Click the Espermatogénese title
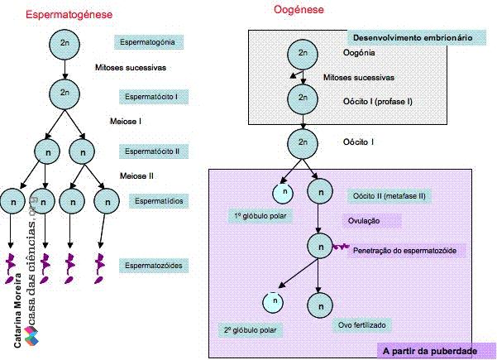(69, 15)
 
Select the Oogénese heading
(299, 9)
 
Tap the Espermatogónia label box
(149, 42)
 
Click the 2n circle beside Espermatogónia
(65, 44)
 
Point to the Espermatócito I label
(154, 97)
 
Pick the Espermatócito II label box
(154, 151)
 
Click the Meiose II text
(136, 176)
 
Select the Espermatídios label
(159, 201)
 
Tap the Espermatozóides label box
(154, 266)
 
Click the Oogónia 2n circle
(303, 55)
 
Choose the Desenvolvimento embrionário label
(417, 38)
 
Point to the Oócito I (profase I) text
(377, 102)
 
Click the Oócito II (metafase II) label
(389, 196)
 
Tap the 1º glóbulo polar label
(260, 216)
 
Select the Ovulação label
(371, 221)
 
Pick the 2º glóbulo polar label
(250, 330)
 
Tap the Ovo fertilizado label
(361, 325)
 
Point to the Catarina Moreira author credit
(17, 311)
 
